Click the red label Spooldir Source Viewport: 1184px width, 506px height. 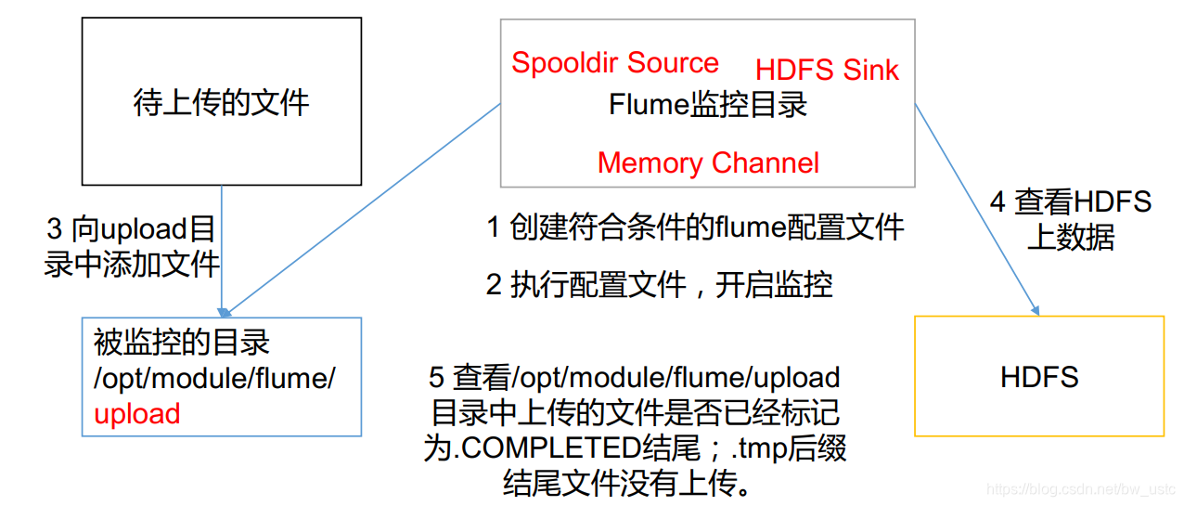click(x=614, y=63)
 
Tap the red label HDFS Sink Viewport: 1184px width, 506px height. click(x=827, y=70)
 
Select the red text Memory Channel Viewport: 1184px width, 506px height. click(x=708, y=163)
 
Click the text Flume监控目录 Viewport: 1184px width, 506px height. click(x=708, y=105)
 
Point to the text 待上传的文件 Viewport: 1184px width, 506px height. click(x=221, y=102)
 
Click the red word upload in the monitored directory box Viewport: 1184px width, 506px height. click(x=137, y=414)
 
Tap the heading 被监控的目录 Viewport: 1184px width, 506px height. click(x=182, y=343)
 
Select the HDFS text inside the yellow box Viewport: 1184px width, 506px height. click(x=1039, y=377)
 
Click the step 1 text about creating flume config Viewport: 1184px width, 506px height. click(x=695, y=227)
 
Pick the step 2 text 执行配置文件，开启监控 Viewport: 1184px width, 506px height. click(x=659, y=285)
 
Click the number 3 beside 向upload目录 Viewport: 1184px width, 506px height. click(x=55, y=229)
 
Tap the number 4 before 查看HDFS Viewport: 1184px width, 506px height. click(x=997, y=201)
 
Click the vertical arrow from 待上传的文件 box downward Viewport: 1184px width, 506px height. click(x=222, y=251)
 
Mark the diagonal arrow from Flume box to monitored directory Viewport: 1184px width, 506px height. click(x=362, y=208)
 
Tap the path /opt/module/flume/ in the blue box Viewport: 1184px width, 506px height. click(x=214, y=379)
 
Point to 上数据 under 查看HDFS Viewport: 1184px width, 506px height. click(x=1071, y=238)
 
